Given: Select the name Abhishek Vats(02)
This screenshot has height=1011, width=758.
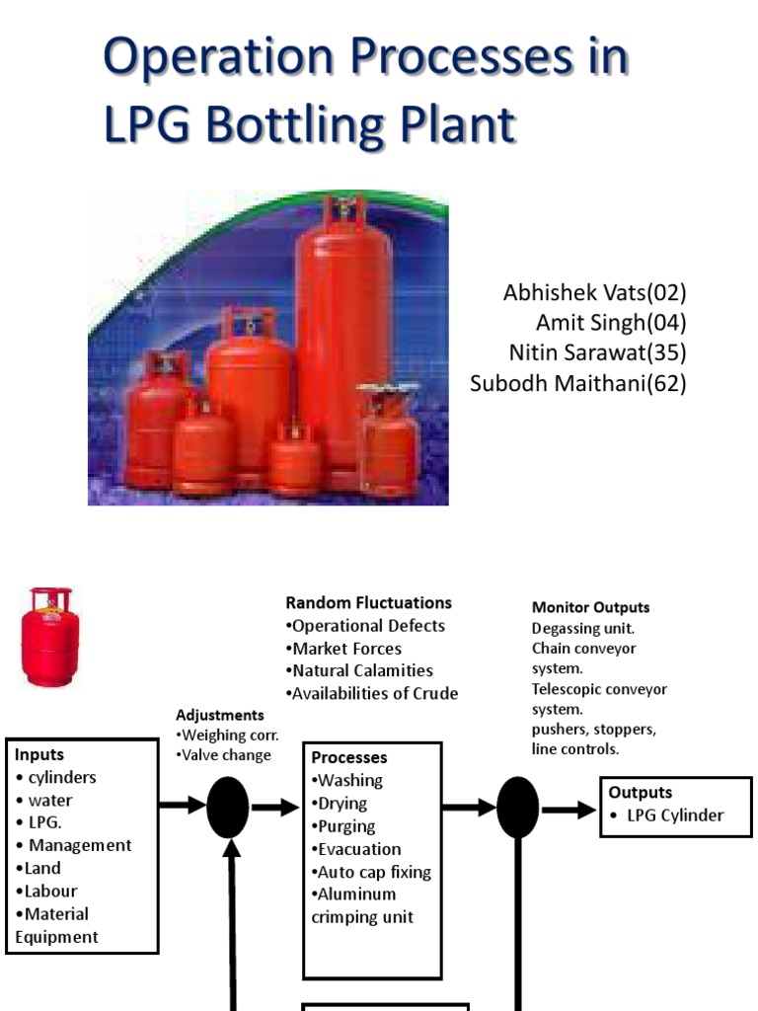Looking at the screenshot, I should tap(594, 292).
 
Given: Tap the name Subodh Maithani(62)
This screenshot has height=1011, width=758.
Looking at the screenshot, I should tap(577, 382).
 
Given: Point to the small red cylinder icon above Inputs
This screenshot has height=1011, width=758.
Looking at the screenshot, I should tap(50, 637).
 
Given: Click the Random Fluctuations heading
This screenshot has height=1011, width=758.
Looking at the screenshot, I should tap(368, 602).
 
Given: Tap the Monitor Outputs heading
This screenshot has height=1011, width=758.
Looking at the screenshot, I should tap(590, 607).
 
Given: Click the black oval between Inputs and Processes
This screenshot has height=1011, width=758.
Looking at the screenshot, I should tap(228, 807).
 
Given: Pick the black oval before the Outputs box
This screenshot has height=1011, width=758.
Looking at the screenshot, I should tap(517, 807).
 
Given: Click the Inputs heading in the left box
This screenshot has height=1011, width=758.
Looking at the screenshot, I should tap(39, 754).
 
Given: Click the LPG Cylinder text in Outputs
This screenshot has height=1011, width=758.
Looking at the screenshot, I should tap(674, 815).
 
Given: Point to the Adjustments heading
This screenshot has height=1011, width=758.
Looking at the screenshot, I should tap(219, 715).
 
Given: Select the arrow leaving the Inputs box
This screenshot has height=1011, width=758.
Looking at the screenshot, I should tap(183, 806).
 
